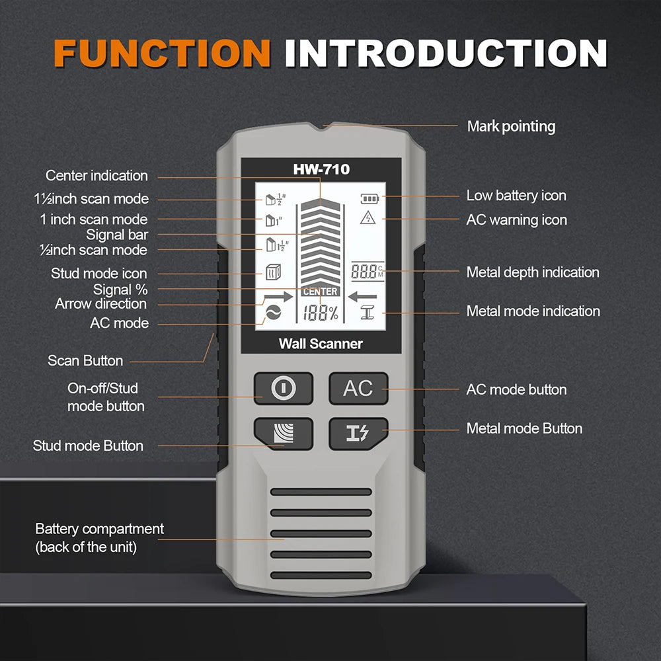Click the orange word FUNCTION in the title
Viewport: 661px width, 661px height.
pos(162,53)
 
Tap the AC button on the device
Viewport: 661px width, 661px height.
pos(358,389)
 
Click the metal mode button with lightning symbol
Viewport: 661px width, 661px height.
pos(358,434)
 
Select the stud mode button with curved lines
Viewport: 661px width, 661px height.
pos(283,434)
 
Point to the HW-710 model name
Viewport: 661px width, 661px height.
pos(321,170)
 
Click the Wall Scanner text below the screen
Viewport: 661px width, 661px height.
pos(321,344)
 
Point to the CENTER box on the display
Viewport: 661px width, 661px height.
pos(321,292)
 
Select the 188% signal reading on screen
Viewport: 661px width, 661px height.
pos(321,314)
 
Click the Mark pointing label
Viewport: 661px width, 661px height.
pos(511,126)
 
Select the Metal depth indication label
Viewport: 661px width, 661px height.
pos(533,272)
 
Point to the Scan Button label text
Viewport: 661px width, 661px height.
pos(85,361)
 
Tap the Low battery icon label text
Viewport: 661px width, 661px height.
pos(516,196)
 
